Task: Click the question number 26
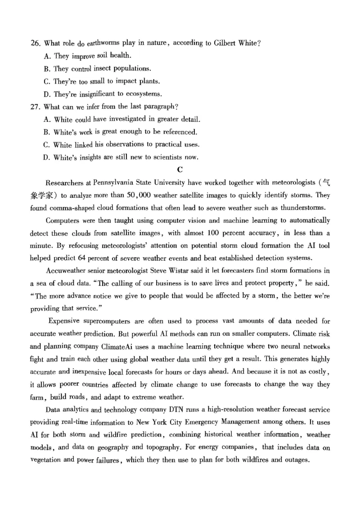36,43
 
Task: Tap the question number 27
36,107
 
